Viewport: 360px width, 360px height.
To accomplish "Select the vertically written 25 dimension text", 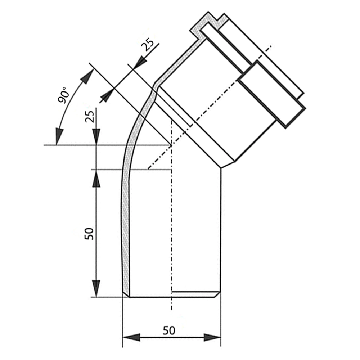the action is [x=90, y=117].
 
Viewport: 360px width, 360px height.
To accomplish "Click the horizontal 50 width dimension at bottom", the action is [x=169, y=330].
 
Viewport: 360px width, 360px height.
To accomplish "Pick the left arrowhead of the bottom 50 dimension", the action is [x=131, y=337].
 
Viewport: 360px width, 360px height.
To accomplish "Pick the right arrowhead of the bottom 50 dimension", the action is [x=212, y=337].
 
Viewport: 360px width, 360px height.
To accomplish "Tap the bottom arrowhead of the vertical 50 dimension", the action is [x=96, y=289].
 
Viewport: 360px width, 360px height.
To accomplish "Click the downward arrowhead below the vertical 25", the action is [x=96, y=137].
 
